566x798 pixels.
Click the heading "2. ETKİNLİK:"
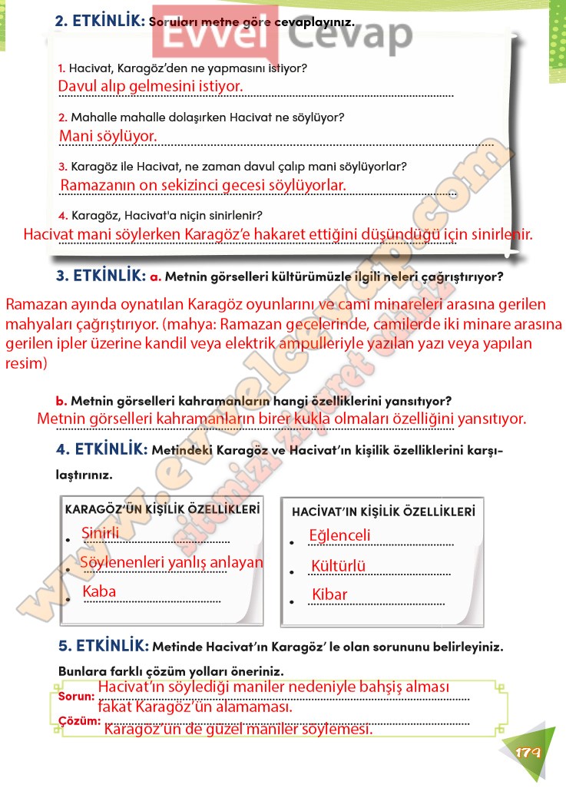(100, 22)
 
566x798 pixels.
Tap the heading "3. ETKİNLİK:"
(100, 275)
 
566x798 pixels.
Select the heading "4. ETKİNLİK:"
(101, 449)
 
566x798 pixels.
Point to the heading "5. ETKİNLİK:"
(102, 645)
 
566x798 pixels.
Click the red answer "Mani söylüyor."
(108, 136)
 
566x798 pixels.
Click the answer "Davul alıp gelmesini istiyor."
(151, 86)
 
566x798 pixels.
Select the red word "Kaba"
(99, 591)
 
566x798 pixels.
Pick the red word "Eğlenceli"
(339, 535)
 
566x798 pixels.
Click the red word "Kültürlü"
(338, 567)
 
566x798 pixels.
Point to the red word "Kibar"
(329, 594)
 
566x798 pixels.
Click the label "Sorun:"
(77, 697)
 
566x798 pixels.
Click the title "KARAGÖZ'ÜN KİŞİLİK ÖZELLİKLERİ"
(162, 508)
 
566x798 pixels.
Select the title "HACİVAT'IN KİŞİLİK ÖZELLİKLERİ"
(383, 511)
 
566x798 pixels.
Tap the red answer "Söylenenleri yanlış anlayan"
(172, 562)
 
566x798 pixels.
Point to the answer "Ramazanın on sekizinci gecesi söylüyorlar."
(203, 185)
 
